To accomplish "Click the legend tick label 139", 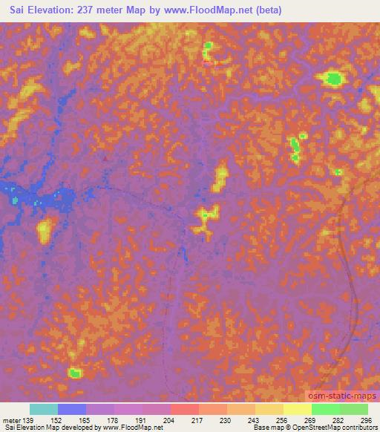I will pyautogui.click(x=30, y=421).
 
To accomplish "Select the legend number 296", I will pyautogui.click(x=364, y=421).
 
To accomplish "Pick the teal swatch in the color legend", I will pyautogui.click(x=44, y=409).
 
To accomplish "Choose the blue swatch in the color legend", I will pyautogui.click(x=72, y=409).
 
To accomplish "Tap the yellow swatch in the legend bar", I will pyautogui.click(x=298, y=409).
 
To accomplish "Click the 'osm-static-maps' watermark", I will pyautogui.click(x=341, y=396).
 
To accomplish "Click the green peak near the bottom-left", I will pyautogui.click(x=74, y=373).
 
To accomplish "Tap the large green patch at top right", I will pyautogui.click(x=333, y=78).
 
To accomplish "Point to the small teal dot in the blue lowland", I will pyautogui.click(x=15, y=199).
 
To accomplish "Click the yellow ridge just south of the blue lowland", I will pyautogui.click(x=44, y=231).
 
